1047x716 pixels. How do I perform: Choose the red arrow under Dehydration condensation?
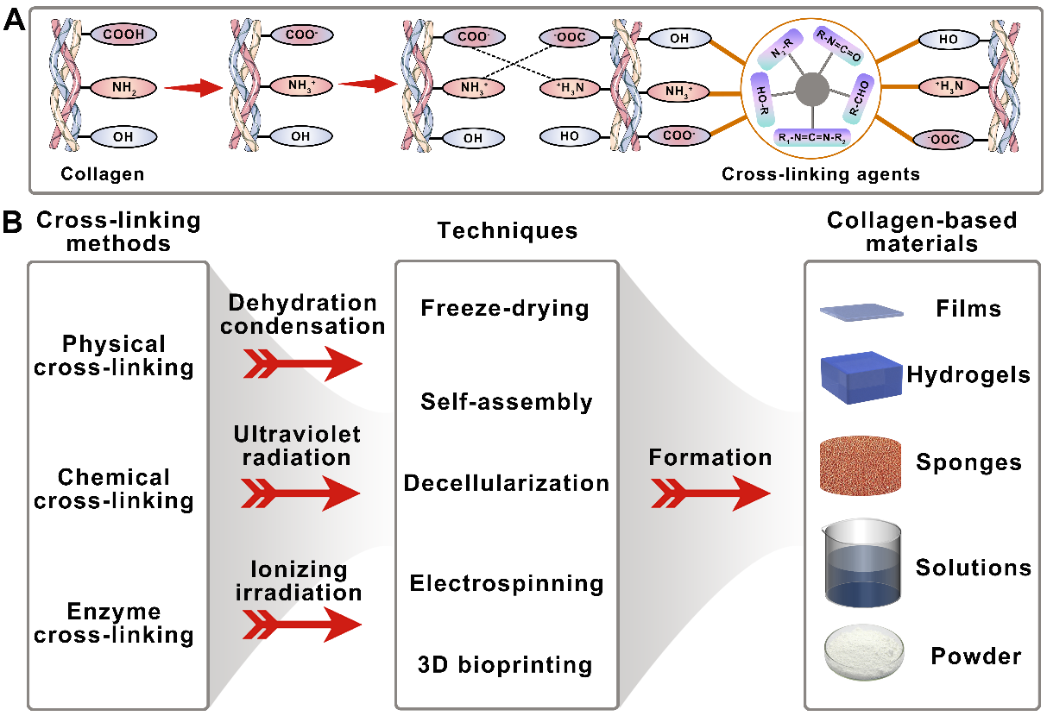point(303,365)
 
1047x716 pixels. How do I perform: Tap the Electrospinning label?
point(507,584)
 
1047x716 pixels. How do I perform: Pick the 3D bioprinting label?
point(507,665)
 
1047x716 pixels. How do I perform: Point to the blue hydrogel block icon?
point(859,375)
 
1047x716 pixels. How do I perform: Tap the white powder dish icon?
point(858,655)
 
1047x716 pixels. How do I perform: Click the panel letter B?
point(13,223)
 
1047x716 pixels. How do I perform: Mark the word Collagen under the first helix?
point(102,174)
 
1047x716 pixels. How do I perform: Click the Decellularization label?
point(507,483)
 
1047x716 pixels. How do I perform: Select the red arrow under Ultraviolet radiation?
point(303,494)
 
